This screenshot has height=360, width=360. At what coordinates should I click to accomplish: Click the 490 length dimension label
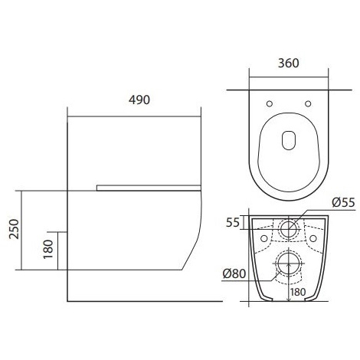point(139,100)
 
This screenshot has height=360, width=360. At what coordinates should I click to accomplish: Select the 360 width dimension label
point(288,63)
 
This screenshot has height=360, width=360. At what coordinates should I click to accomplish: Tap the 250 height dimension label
point(14,229)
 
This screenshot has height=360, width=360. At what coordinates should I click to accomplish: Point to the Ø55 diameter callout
point(343,202)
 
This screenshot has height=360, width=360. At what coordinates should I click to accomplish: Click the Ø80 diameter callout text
point(234,273)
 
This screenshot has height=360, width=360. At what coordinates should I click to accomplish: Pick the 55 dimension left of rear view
point(233,223)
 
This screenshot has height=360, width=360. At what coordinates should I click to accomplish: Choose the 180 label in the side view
point(48,249)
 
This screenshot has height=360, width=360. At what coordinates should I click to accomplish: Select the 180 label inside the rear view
point(298,292)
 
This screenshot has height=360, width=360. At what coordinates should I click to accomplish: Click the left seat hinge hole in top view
point(270,103)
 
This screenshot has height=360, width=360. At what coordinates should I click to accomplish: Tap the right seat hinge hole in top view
point(308,103)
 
